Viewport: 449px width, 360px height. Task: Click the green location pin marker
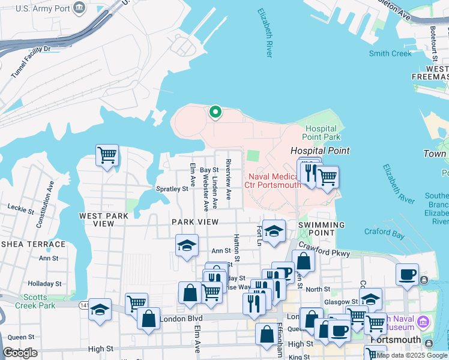[214, 112]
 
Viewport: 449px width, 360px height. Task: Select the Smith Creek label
[390, 53]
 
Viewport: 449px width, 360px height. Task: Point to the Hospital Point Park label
[323, 133]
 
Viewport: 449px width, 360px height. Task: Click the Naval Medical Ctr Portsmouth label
[272, 180]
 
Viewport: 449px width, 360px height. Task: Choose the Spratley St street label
[172, 189]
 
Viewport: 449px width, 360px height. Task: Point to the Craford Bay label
[385, 232]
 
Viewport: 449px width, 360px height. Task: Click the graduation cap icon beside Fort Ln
[274, 230]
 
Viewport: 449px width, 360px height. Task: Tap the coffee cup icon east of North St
[408, 274]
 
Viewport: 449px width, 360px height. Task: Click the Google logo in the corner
[20, 353]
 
